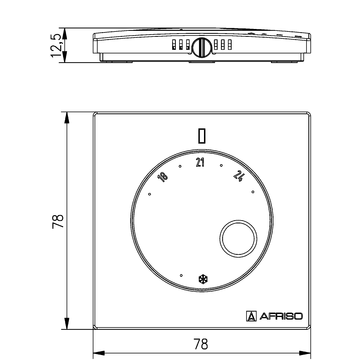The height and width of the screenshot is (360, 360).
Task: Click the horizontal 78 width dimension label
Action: click(x=200, y=343)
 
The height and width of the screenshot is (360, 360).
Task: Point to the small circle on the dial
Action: click(x=237, y=240)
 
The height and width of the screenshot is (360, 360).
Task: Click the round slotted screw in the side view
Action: click(x=200, y=45)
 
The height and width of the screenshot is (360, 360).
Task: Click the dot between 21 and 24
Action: click(x=223, y=160)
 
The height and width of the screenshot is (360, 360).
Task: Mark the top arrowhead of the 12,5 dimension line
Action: click(x=69, y=33)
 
